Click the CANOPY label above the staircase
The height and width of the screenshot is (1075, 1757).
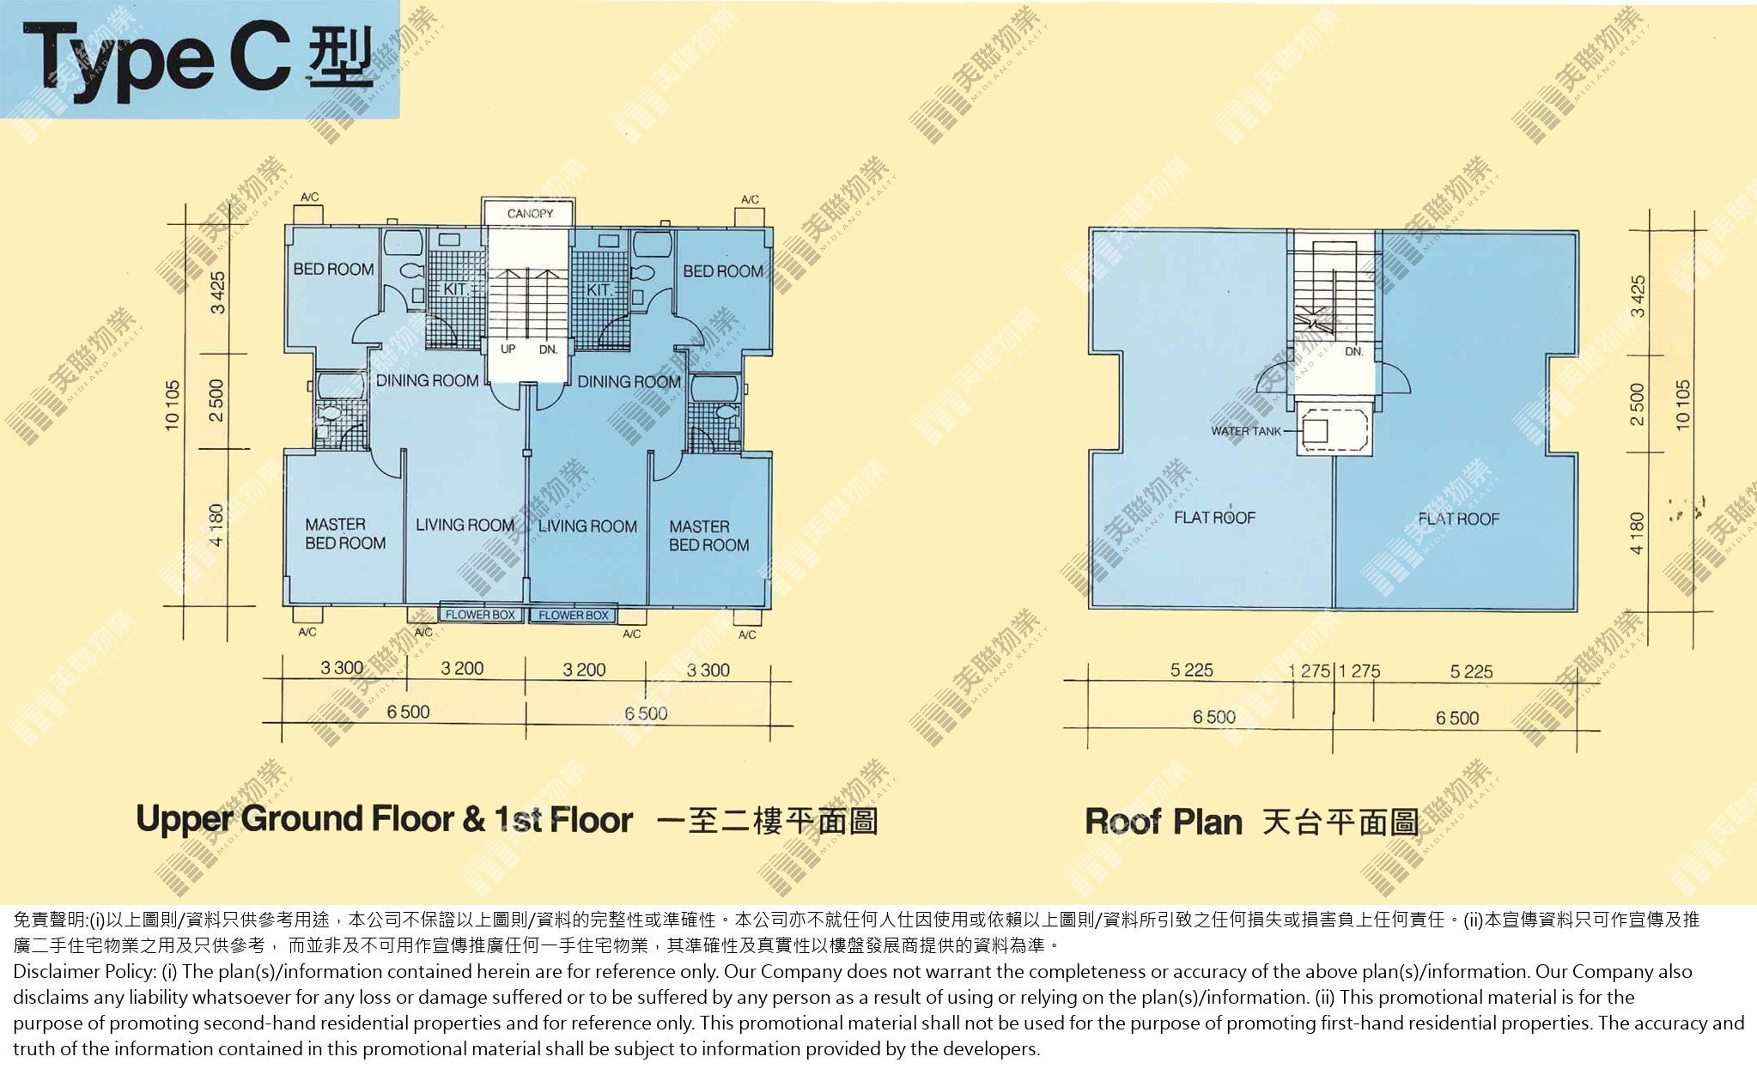tap(530, 214)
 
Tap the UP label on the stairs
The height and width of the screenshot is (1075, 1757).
tap(508, 349)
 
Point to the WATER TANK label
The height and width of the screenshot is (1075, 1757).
tap(1245, 431)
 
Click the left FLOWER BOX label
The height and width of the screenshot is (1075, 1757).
tap(480, 615)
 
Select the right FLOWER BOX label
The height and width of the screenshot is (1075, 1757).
tap(574, 616)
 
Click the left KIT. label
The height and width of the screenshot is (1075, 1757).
tap(455, 289)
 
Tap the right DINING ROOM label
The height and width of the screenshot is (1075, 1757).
tap(629, 382)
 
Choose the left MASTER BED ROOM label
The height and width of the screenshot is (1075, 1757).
tap(345, 533)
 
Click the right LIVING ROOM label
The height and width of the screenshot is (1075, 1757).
tap(587, 526)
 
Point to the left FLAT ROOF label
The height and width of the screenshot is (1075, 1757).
tap(1214, 518)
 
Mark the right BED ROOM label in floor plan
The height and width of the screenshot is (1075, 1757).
tap(723, 271)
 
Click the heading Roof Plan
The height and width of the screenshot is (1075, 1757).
tap(1164, 822)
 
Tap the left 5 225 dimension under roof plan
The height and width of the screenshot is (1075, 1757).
tap(1192, 671)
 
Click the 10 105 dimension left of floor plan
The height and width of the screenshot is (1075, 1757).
tap(173, 404)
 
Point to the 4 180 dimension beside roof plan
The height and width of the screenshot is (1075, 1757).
tap(1637, 532)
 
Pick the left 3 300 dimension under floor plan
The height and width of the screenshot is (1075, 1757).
tap(342, 668)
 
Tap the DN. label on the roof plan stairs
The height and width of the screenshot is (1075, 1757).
tap(1354, 351)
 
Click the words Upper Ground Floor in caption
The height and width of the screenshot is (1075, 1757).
tap(295, 819)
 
